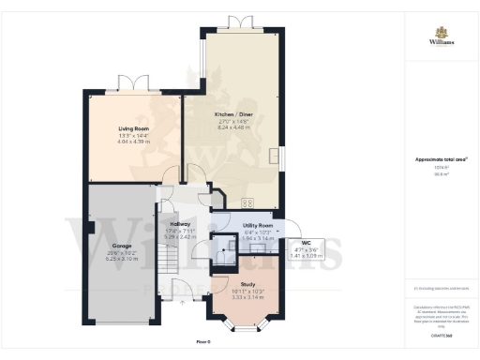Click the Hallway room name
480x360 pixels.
[x=180, y=225]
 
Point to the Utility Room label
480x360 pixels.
[x=257, y=226]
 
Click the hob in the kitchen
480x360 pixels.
[x=248, y=202]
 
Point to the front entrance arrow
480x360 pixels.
[x=182, y=303]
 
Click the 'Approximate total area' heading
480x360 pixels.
[x=441, y=159]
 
